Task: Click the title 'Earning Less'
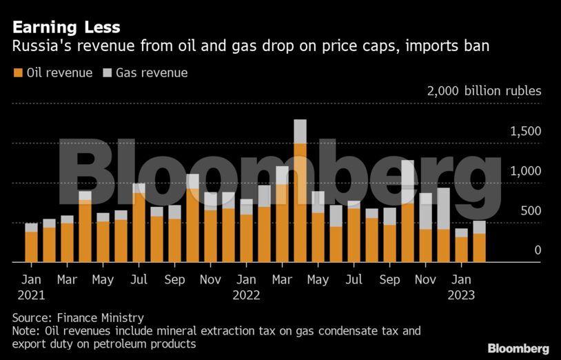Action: tap(65, 27)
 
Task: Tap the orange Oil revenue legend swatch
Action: tap(17, 72)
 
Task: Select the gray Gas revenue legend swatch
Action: tap(108, 72)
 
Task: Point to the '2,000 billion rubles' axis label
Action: tap(484, 91)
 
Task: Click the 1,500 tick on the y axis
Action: tap(526, 131)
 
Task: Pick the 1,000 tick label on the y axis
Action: tap(526, 171)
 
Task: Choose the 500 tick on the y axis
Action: tap(531, 211)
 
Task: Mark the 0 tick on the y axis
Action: tap(538, 251)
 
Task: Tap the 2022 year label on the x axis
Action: tap(246, 295)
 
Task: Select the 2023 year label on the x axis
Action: tap(460, 295)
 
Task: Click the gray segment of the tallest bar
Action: tap(300, 131)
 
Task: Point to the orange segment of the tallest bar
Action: tap(300, 203)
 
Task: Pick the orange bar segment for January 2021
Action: tap(31, 247)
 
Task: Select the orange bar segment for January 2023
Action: tap(461, 250)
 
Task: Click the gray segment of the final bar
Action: tap(479, 227)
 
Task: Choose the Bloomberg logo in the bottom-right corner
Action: tap(518, 348)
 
